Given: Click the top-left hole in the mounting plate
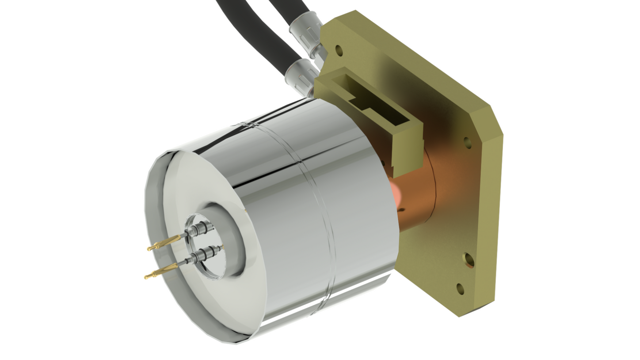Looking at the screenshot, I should [339, 50].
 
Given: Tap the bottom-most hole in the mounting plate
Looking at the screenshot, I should [460, 289].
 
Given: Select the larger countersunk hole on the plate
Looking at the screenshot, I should [469, 260].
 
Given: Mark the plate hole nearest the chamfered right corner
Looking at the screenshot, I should [468, 142].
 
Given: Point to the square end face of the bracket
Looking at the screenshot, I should [407, 150].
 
